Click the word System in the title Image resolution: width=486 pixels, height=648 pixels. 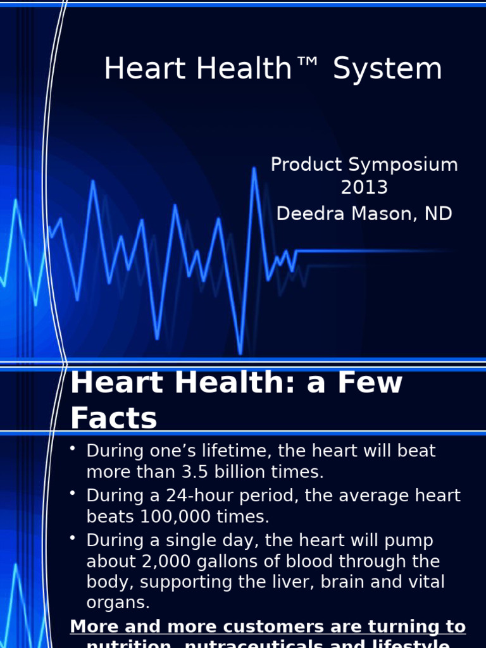click(x=387, y=69)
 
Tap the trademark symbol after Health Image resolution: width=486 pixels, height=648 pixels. click(x=309, y=65)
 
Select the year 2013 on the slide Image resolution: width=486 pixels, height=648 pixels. click(x=364, y=188)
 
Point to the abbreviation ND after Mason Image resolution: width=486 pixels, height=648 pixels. click(x=438, y=214)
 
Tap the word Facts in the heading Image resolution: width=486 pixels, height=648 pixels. click(x=114, y=418)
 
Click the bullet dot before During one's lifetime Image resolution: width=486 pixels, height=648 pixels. click(x=73, y=449)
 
